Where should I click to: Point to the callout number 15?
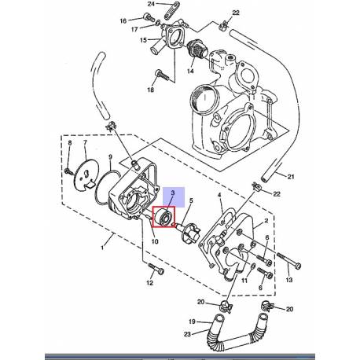coord(142,40)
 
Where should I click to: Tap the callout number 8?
coord(69,143)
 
